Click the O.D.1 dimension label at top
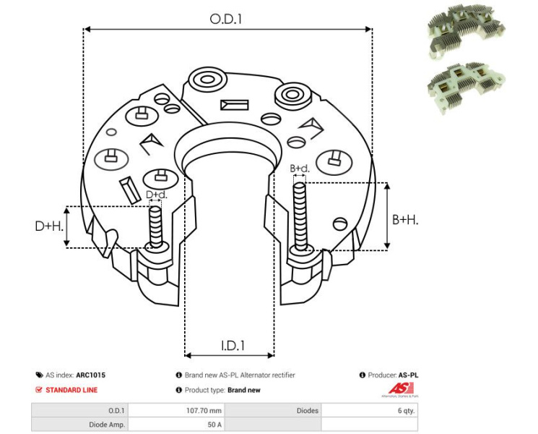(x=226, y=20)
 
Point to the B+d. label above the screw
(x=300, y=169)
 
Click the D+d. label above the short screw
(x=157, y=195)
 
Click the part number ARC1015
(x=90, y=375)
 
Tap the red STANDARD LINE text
(x=71, y=390)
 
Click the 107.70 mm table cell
(x=206, y=411)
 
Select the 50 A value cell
(x=214, y=425)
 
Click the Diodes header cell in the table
(x=308, y=411)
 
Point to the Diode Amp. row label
(x=106, y=425)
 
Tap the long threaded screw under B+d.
(x=300, y=217)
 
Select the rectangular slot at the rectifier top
(x=234, y=104)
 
